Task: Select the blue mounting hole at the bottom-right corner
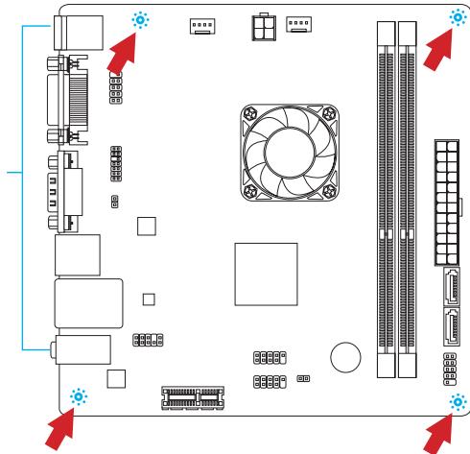click(x=457, y=401)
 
